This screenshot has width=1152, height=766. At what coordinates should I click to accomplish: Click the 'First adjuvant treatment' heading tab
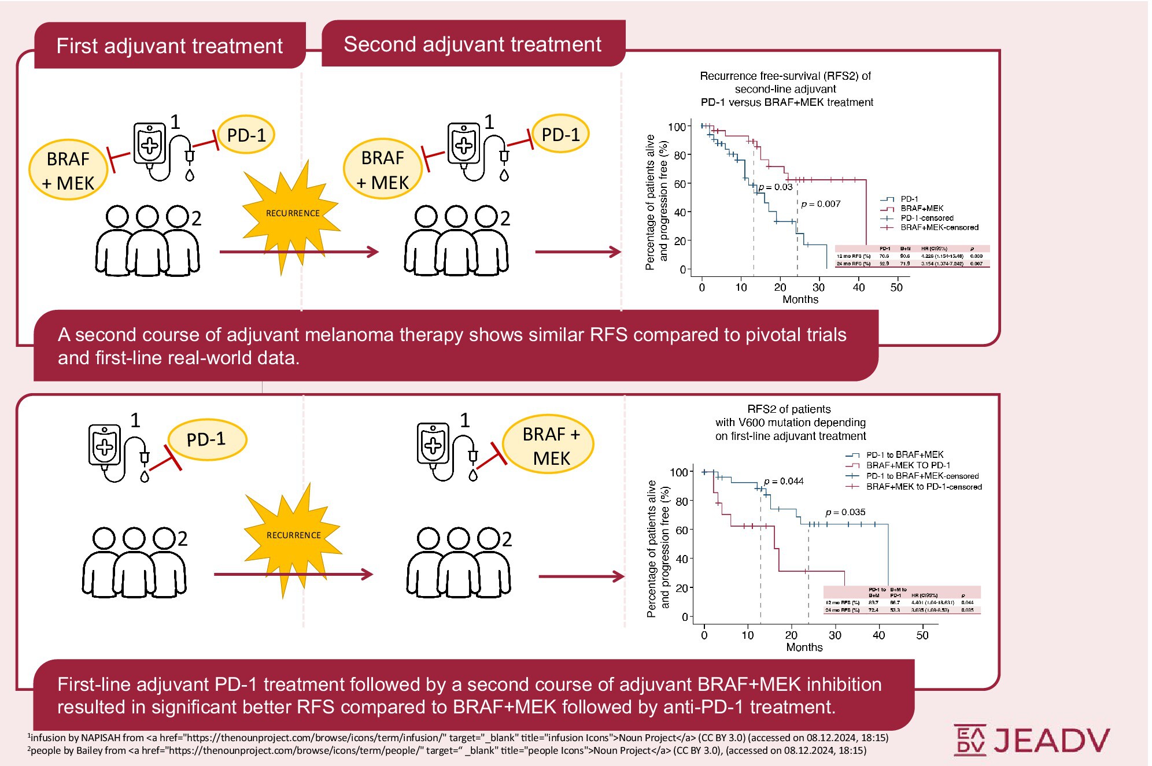pyautogui.click(x=169, y=46)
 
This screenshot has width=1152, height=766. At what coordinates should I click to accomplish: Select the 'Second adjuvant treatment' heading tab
pyautogui.click(x=472, y=45)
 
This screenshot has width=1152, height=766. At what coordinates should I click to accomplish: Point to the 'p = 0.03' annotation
pyautogui.click(x=776, y=187)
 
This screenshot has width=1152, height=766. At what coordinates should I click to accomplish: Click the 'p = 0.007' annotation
pyautogui.click(x=821, y=204)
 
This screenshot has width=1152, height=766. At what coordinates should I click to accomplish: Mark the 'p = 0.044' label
pyautogui.click(x=784, y=482)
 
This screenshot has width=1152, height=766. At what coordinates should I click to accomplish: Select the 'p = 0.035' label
pyautogui.click(x=845, y=512)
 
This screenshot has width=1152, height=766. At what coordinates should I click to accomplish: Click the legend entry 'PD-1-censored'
pyautogui.click(x=926, y=218)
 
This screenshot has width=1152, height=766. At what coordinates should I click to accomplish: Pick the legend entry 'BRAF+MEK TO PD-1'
pyautogui.click(x=908, y=465)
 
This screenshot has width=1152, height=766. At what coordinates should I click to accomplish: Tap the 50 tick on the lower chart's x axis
pyautogui.click(x=922, y=635)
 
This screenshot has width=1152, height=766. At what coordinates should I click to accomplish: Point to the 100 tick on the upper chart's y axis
pyautogui.click(x=677, y=127)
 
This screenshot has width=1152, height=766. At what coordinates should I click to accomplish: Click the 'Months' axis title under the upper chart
pyautogui.click(x=800, y=299)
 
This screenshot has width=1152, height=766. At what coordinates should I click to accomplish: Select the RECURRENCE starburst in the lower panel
pyautogui.click(x=293, y=535)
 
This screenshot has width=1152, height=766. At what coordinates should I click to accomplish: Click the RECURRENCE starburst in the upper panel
pyautogui.click(x=293, y=213)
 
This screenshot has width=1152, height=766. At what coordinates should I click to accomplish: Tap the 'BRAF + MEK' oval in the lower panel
pyautogui.click(x=550, y=446)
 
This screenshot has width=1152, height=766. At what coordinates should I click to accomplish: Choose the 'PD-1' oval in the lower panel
pyautogui.click(x=206, y=440)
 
